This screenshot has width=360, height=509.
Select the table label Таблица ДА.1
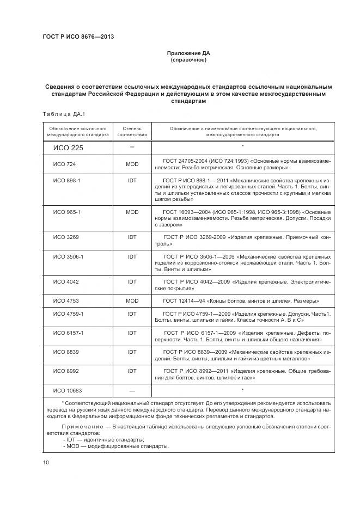60,114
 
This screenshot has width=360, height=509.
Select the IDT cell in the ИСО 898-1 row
132,180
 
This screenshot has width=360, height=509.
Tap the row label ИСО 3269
66,237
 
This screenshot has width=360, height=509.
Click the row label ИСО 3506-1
68,256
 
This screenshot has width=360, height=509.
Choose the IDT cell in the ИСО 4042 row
132,281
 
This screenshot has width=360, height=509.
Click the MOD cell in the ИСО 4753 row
132,301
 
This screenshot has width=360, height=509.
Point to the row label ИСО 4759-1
68,314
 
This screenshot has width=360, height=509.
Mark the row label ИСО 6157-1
68,332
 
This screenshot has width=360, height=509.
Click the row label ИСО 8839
66,352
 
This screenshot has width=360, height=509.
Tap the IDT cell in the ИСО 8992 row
132,371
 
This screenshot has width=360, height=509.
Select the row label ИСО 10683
68,390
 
